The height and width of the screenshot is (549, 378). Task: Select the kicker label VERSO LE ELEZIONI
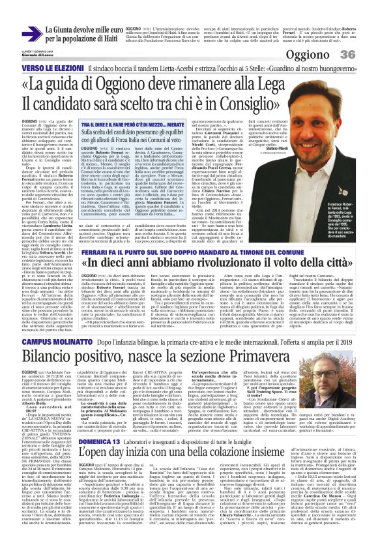(50, 68)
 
